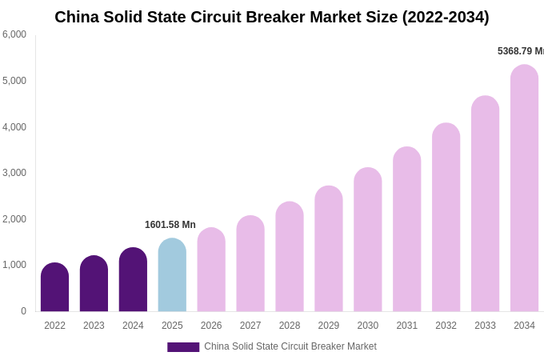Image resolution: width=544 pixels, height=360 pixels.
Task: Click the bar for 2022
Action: click(54, 288)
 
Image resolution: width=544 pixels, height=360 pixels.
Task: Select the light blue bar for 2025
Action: click(172, 276)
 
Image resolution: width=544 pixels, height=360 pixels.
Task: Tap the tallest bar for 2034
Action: click(524, 189)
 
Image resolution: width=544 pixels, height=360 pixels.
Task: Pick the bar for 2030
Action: click(368, 240)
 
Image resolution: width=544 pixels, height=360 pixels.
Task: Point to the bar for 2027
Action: click(250, 264)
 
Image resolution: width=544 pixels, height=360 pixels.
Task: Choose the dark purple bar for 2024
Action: click(133, 280)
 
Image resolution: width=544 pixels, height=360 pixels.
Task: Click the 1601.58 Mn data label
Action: click(170, 225)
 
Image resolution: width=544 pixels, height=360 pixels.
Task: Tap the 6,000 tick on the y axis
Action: click(14, 34)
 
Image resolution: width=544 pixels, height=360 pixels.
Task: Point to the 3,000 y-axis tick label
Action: click(14, 173)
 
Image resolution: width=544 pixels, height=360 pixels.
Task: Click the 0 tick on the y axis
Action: click(23, 311)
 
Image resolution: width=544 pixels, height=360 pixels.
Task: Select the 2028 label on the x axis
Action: click(290, 326)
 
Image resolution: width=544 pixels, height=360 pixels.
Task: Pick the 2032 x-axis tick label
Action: click(446, 326)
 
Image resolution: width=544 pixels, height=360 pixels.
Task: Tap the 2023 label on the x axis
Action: click(94, 326)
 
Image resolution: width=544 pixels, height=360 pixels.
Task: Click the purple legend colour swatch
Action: click(183, 347)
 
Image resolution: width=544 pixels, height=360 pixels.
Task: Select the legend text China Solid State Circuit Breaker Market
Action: click(290, 346)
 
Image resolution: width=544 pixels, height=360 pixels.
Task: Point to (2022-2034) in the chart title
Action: click(445, 17)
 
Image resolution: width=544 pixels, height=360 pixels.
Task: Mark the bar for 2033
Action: click(485, 204)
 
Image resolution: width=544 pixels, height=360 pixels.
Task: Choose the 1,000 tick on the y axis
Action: click(14, 265)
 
